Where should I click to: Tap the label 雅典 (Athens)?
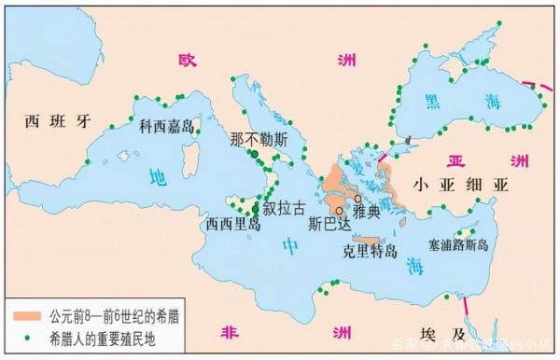pyautogui.click(x=370, y=213)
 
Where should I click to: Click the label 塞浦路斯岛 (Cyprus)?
pyautogui.click(x=458, y=245)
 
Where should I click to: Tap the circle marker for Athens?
pyautogui.click(x=357, y=199)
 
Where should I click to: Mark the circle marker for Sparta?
pyautogui.click(x=339, y=211)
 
